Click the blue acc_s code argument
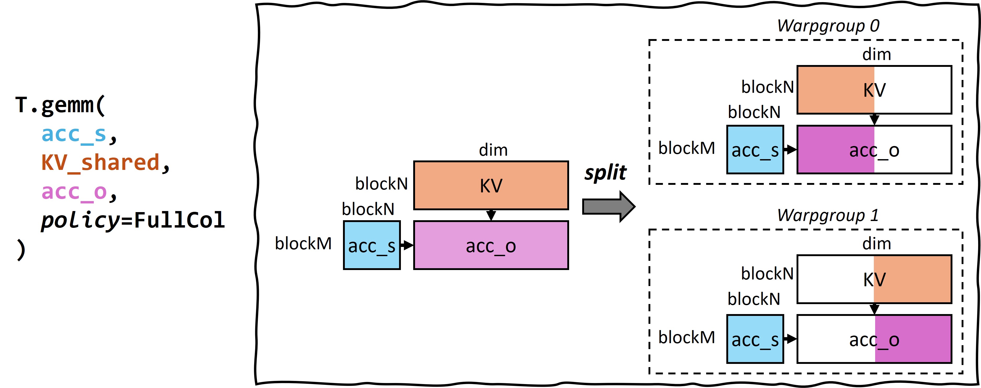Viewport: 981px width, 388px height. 74,134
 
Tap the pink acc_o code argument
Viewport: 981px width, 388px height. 74,192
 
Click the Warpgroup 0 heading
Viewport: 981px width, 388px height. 828,26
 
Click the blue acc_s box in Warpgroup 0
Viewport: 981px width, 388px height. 755,150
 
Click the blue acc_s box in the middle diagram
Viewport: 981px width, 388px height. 372,245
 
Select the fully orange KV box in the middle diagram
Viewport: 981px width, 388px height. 490,186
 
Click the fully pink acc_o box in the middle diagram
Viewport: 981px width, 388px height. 490,245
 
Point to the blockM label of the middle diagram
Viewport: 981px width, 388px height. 303,244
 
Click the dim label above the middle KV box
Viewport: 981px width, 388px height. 493,150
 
